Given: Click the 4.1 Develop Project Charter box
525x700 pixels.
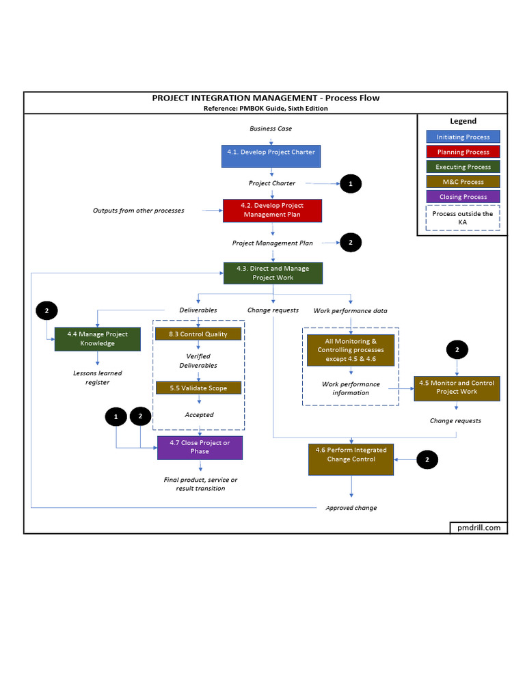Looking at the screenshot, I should pyautogui.click(x=271, y=156).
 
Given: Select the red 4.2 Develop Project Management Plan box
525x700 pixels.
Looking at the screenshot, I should pyautogui.click(x=272, y=210).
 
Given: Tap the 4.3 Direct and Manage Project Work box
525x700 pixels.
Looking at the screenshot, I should pyautogui.click(x=273, y=273).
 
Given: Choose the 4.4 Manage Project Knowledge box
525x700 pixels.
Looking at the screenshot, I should pyautogui.click(x=97, y=338).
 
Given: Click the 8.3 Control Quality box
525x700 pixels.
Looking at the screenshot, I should pyautogui.click(x=198, y=334).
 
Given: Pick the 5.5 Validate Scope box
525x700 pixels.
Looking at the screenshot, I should pyautogui.click(x=198, y=388).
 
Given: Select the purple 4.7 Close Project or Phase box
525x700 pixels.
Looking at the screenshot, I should pyautogui.click(x=200, y=447).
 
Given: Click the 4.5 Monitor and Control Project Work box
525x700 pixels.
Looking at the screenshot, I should pyautogui.click(x=457, y=388).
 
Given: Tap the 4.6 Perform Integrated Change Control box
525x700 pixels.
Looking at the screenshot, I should pyautogui.click(x=351, y=459).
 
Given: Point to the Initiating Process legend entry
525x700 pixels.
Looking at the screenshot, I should pyautogui.click(x=463, y=137).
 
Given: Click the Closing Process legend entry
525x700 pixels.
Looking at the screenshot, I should pyautogui.click(x=463, y=197).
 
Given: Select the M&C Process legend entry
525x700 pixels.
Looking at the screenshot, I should pyautogui.click(x=463, y=182).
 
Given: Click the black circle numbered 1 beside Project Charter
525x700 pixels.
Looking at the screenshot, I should pyautogui.click(x=351, y=183).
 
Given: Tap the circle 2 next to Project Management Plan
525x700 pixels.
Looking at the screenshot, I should pyautogui.click(x=351, y=242).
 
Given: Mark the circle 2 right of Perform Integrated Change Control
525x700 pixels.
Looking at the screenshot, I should pyautogui.click(x=427, y=460).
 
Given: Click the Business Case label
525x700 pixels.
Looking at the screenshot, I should pyautogui.click(x=271, y=129).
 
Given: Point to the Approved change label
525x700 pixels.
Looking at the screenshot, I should pyautogui.click(x=351, y=508).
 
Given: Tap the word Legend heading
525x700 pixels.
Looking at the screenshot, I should pyautogui.click(x=463, y=121).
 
